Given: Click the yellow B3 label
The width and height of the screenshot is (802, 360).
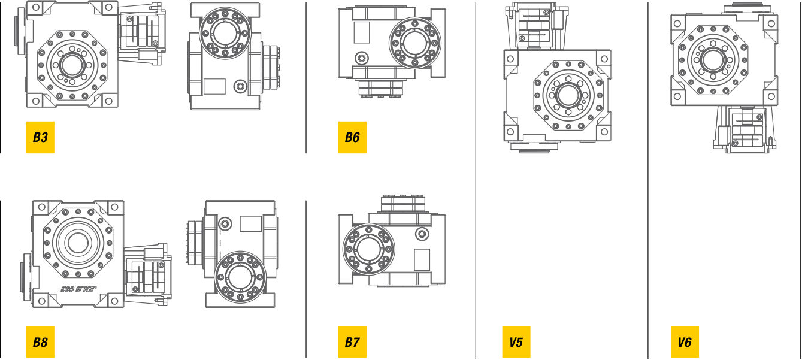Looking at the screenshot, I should click(40, 138).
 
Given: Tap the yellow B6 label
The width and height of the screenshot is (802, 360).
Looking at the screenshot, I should click(352, 138).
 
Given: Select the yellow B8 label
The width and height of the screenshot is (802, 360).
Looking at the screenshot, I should click(40, 343).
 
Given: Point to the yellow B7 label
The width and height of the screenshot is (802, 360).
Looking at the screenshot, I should click(352, 343).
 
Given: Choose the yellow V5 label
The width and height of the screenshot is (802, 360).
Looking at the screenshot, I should click(516, 343).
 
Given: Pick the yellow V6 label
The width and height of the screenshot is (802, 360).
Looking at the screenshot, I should click(685, 343).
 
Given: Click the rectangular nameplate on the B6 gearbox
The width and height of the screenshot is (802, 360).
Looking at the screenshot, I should click(362, 32).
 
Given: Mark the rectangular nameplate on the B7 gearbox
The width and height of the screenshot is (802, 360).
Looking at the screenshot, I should click(422, 259).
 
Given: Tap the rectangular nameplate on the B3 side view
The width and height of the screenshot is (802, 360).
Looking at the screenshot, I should click(214, 86).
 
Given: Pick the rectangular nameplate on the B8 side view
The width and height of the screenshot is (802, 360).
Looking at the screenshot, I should click(250, 224).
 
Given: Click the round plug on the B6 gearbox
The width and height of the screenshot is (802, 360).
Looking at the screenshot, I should click(362, 58).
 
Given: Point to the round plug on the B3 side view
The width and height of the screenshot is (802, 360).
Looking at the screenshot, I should click(240, 86).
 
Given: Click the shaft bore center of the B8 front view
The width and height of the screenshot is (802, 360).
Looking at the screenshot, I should click(77, 243).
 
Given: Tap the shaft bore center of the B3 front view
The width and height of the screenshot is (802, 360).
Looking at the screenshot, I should click(72, 65).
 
